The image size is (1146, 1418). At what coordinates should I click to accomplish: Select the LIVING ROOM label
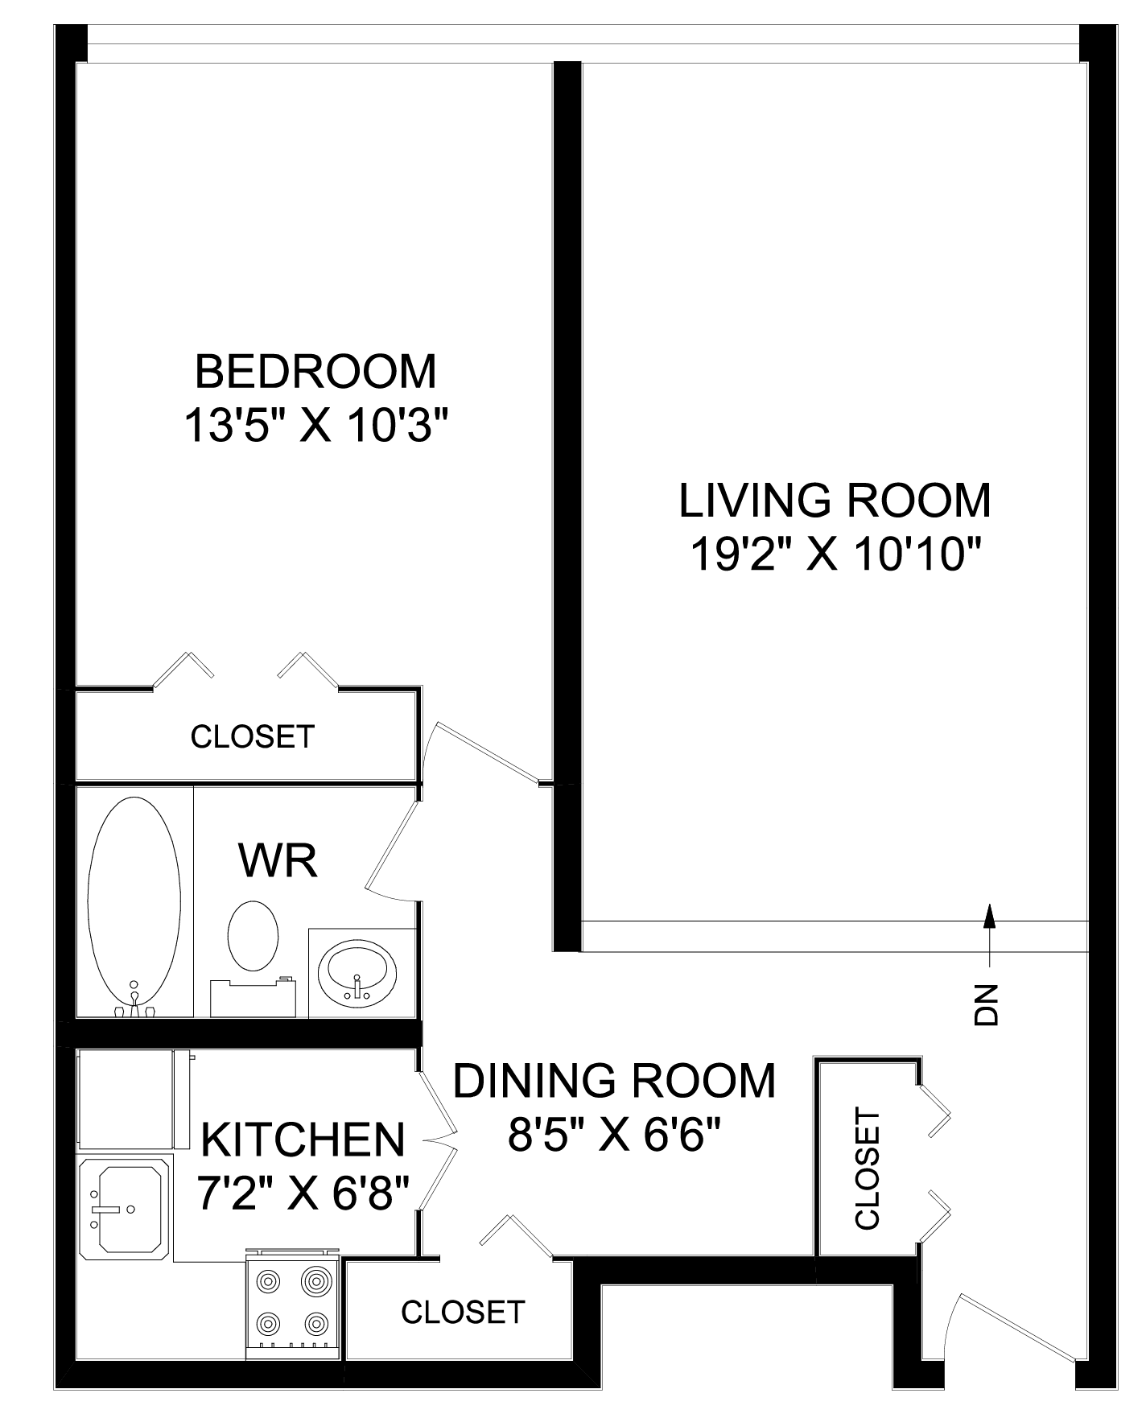835,500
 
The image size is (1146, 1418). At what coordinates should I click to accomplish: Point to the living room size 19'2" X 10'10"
837,554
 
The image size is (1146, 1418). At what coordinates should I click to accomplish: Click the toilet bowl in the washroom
254,935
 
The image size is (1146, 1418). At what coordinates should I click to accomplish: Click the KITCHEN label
302,1140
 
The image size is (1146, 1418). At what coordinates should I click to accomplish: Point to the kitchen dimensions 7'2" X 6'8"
305,1193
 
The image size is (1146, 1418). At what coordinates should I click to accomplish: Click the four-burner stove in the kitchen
294,1304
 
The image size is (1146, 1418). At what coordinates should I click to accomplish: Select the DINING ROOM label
615,1080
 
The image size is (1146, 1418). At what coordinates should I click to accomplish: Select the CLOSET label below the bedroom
252,736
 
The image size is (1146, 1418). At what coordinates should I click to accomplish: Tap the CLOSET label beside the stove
463,1313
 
